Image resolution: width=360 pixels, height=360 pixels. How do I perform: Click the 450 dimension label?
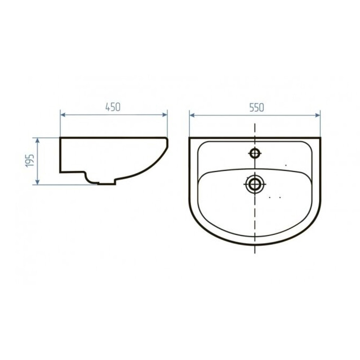[113, 107]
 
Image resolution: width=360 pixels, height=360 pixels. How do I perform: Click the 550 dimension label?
[257, 108]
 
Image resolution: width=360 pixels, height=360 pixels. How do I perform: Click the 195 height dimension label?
[30, 161]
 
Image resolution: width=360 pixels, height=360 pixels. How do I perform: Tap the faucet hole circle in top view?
[255, 153]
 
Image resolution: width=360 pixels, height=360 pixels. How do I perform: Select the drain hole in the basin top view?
[255, 184]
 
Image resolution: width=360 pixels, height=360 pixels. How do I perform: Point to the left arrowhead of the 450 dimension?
[63, 115]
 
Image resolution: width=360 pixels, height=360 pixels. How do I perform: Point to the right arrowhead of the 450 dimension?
[165, 115]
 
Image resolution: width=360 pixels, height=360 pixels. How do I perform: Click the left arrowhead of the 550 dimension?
[192, 115]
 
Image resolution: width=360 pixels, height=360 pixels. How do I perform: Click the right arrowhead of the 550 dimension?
[318, 115]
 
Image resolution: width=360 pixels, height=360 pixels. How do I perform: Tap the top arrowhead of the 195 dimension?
[37, 140]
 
